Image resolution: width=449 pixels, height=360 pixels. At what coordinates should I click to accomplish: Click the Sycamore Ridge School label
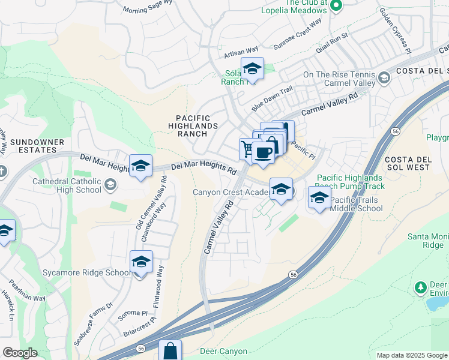(86, 273)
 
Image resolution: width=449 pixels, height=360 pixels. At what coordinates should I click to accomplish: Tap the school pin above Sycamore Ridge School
(141, 263)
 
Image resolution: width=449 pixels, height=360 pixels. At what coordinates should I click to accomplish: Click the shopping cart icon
(247, 148)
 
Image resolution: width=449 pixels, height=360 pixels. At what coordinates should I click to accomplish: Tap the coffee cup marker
(263, 153)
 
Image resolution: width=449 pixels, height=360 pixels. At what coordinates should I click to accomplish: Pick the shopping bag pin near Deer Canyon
(170, 351)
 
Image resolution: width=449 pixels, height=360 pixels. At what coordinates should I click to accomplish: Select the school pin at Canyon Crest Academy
(281, 190)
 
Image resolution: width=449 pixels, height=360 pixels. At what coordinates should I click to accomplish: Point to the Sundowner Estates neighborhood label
(37, 146)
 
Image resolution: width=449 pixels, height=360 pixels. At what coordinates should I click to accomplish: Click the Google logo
(19, 353)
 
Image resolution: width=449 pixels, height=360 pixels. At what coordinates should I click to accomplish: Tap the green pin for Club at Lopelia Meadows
(336, 7)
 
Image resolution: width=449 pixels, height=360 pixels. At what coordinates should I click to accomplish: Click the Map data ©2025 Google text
(411, 355)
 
